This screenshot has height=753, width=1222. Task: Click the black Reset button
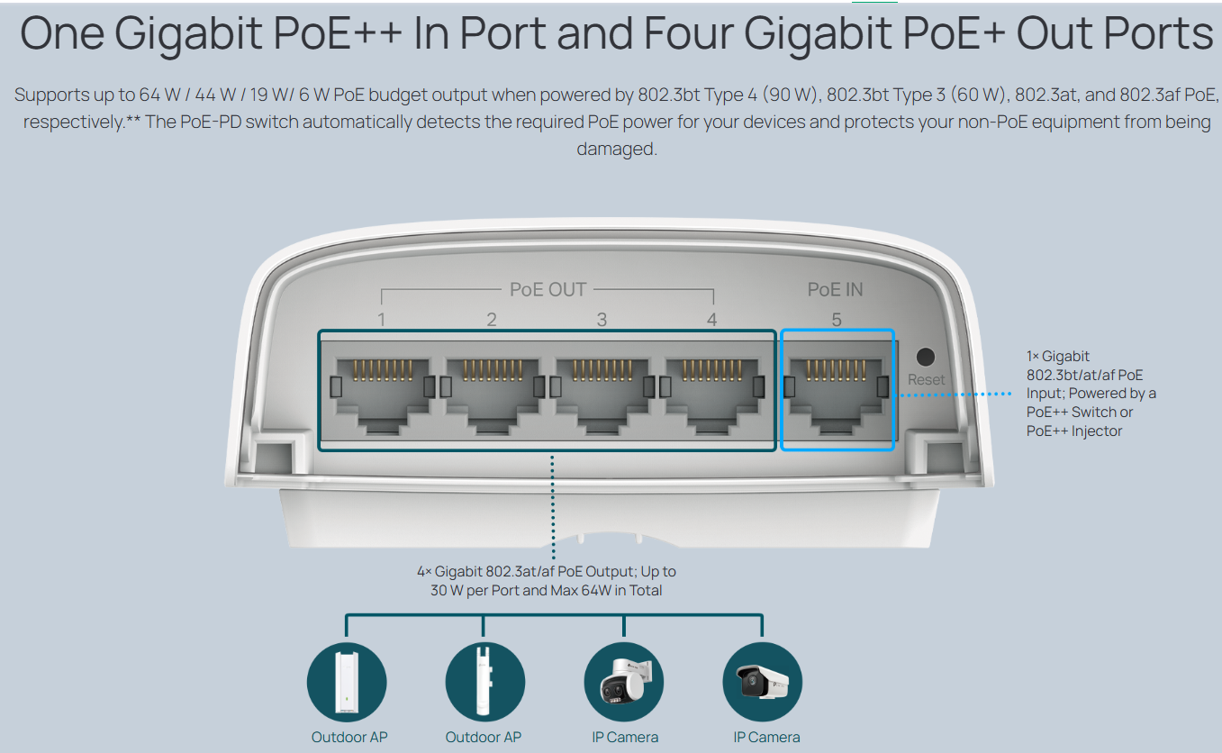(x=924, y=356)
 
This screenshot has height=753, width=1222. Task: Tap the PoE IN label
(x=835, y=289)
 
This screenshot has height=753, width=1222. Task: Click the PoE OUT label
(x=548, y=289)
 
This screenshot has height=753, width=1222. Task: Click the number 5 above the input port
(x=837, y=320)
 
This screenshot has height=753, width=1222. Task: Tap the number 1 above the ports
(x=382, y=320)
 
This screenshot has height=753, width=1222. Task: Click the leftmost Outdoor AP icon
(x=347, y=682)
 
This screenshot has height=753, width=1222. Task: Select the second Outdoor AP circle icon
(x=484, y=682)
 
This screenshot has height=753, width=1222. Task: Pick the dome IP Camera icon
(x=624, y=682)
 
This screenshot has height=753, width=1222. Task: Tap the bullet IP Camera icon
(x=763, y=682)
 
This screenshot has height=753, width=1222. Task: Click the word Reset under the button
(x=926, y=380)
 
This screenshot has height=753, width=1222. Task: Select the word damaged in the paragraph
(x=617, y=149)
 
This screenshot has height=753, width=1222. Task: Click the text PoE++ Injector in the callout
(x=1074, y=431)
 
